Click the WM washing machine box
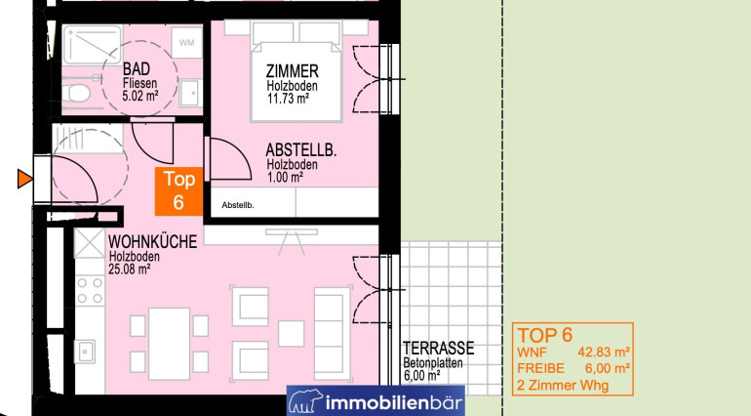(x=187, y=42)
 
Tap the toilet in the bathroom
(x=76, y=93)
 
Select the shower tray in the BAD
(x=92, y=45)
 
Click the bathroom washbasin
(x=190, y=93)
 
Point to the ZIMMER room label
(x=293, y=71)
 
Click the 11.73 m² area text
(x=288, y=99)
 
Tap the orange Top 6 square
(x=178, y=191)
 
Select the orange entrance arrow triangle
(x=24, y=179)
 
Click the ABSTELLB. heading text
(x=301, y=150)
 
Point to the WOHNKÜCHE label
(x=152, y=241)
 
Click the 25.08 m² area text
(x=130, y=270)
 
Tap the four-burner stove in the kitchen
(x=90, y=290)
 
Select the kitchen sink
(x=84, y=352)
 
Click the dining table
(x=169, y=344)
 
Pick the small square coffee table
(x=291, y=333)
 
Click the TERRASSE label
(x=438, y=348)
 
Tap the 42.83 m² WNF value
(x=604, y=353)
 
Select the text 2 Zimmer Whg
(x=563, y=386)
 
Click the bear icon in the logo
(x=305, y=400)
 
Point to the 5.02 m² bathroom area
(x=139, y=96)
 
